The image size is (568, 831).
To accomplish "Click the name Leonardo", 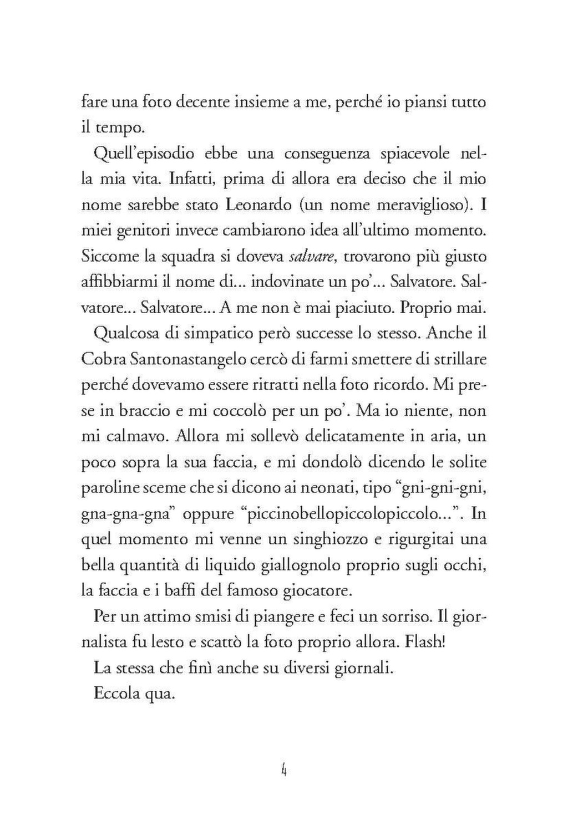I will tap(257, 205).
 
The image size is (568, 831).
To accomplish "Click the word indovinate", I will tap(287, 283).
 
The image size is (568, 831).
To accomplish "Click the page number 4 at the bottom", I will tap(283, 771).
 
